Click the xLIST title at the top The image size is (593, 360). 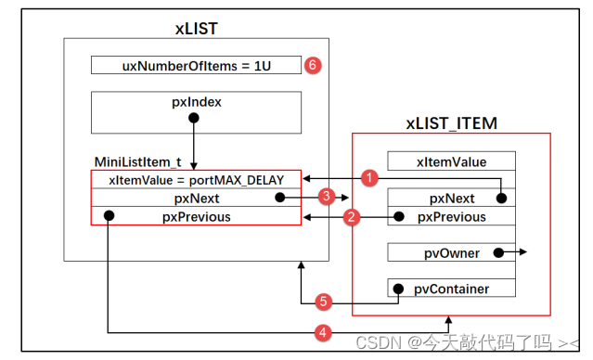(x=196, y=28)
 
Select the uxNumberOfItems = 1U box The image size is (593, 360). (x=196, y=65)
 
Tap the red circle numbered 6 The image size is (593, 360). (x=313, y=66)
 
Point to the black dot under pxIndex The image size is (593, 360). (x=195, y=118)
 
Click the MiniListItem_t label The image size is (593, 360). (x=137, y=161)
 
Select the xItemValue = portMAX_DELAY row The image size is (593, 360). (x=196, y=180)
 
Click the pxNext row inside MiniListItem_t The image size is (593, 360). (x=196, y=198)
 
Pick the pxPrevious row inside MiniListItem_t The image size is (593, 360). (x=196, y=216)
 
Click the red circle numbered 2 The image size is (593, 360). (x=351, y=217)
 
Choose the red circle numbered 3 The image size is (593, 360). (x=326, y=197)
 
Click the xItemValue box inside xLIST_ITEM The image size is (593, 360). (x=450, y=161)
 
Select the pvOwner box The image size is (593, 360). (x=450, y=251)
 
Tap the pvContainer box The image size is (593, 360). (x=450, y=289)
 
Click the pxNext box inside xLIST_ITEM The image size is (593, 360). (x=450, y=198)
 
